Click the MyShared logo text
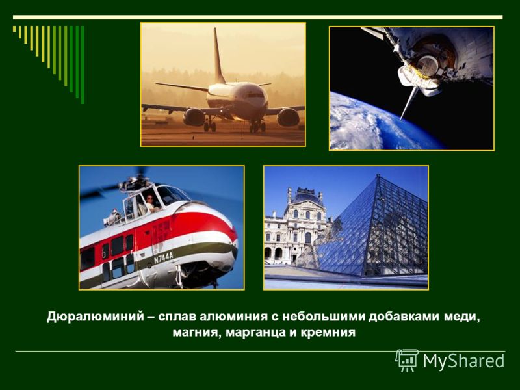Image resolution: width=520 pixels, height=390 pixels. pos(463,361)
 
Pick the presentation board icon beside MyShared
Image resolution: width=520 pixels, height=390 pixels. pos(407,360)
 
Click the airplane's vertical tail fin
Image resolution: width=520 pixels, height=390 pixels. pos(218,57)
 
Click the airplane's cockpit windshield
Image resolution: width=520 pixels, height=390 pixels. pos(256,95)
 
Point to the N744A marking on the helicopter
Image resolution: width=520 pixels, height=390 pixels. pos(163,257)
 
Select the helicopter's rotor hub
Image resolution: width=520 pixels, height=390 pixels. pos(135,183)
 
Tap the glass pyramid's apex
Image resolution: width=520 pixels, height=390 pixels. pos(378,175)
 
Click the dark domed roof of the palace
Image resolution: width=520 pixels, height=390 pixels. pos(306,198)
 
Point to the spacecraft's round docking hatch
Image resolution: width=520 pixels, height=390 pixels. pos(428,64)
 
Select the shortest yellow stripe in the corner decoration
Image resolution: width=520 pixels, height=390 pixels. pos(14,29)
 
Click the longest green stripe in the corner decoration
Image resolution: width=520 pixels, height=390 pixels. pos(83,64)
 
